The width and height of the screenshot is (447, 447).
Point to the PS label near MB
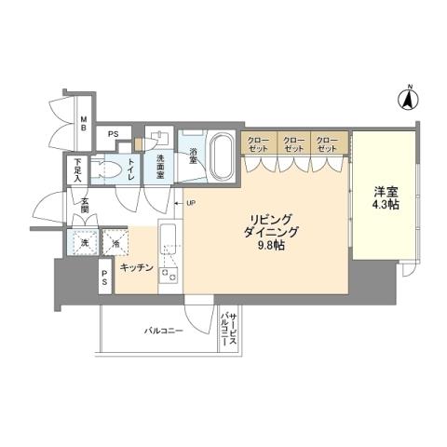click(114, 134)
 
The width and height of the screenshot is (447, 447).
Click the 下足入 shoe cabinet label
click(79, 169)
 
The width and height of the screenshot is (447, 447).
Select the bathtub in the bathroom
click(223, 156)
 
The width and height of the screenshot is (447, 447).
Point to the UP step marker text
click(191, 203)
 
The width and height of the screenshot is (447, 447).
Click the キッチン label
click(137, 267)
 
